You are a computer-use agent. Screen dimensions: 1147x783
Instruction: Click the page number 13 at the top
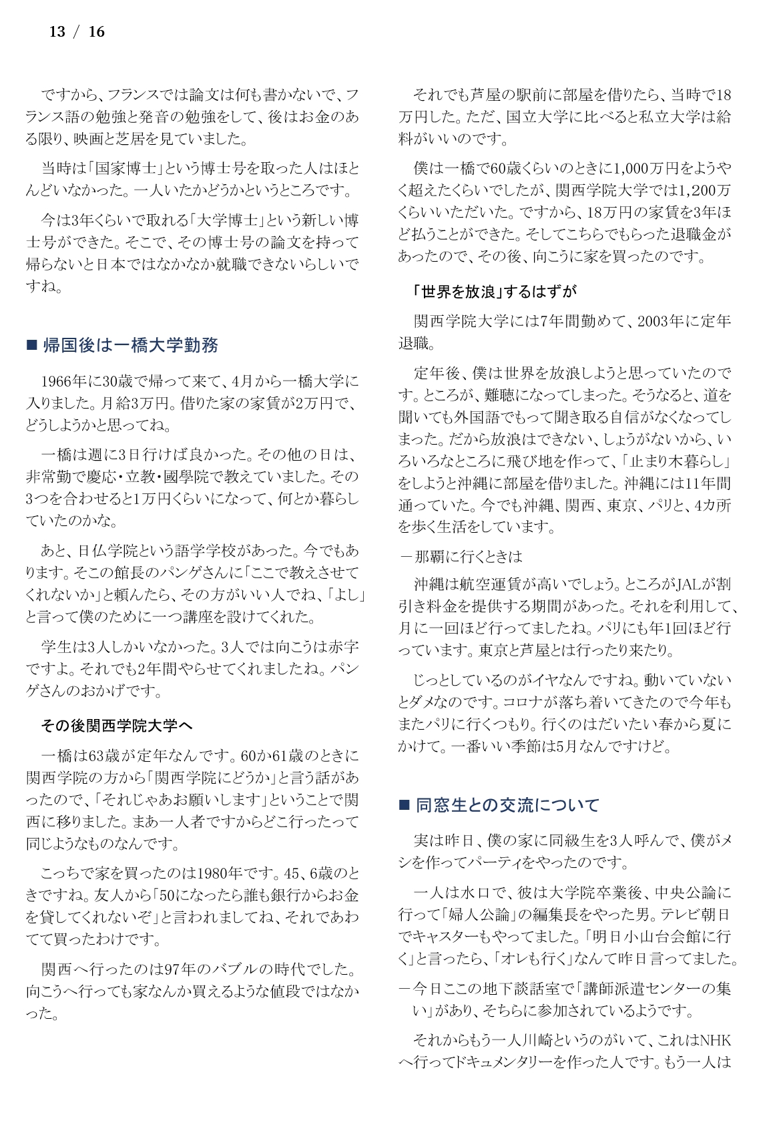tap(57, 32)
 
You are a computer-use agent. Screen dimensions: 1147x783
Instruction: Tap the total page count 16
tap(97, 32)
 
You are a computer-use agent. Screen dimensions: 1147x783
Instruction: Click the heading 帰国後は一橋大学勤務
tap(130, 345)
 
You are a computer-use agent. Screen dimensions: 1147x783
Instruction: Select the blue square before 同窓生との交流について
tap(404, 805)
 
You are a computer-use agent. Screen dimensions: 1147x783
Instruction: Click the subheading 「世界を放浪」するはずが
tap(494, 292)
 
